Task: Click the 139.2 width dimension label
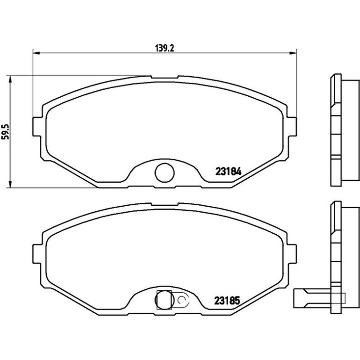(165, 48)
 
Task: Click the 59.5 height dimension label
(5, 131)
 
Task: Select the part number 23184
(228, 171)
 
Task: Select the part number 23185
(227, 300)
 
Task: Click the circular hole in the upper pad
(165, 173)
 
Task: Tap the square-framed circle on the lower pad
(164, 300)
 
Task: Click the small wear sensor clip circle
(181, 299)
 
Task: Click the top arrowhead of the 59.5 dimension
(10, 79)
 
